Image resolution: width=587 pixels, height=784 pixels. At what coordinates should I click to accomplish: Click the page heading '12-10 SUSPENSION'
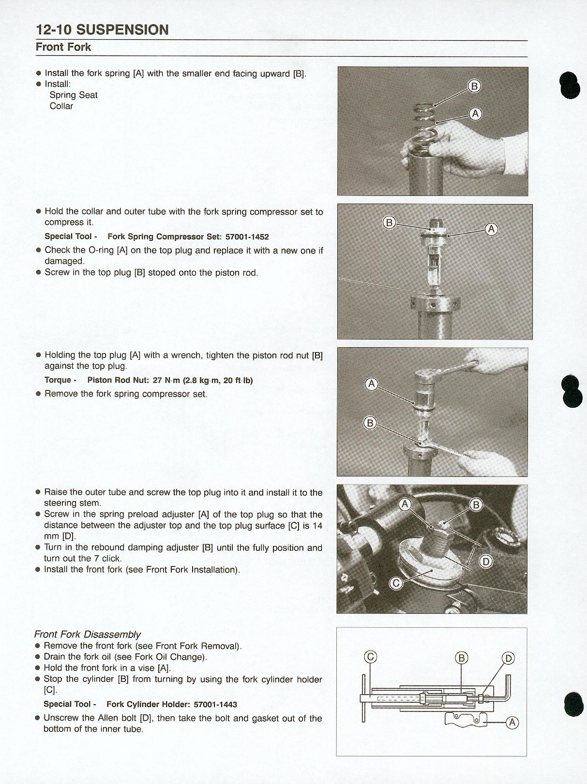[x=102, y=30]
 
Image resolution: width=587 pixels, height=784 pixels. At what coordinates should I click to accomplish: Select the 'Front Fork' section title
[x=63, y=47]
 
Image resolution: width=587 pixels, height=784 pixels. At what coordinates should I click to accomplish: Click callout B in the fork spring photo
[x=474, y=87]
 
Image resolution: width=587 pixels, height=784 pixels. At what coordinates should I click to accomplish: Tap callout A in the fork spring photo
[x=475, y=114]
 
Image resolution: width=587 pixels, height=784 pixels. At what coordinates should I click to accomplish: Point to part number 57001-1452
[x=247, y=237]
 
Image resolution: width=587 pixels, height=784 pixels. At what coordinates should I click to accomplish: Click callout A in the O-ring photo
[x=491, y=229]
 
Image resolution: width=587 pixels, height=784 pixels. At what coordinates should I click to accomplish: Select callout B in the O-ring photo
[x=389, y=222]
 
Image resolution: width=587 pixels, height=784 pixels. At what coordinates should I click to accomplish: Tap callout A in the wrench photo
[x=372, y=384]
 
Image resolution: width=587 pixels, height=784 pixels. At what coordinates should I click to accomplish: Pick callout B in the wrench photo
[x=370, y=423]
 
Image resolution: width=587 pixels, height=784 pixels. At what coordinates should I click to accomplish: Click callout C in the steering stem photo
[x=396, y=583]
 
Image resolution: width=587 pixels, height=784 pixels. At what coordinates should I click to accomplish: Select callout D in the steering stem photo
[x=486, y=562]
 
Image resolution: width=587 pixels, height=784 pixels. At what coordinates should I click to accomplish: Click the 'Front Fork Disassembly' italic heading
[x=88, y=634]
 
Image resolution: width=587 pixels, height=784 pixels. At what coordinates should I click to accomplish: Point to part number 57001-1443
[x=215, y=705]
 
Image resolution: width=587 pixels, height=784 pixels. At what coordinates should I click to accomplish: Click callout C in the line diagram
[x=370, y=657]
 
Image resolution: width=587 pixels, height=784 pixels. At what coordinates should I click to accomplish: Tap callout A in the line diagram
[x=512, y=723]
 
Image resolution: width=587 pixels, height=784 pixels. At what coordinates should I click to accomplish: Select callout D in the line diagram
[x=508, y=658]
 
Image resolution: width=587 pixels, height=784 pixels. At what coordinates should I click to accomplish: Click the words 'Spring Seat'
[x=74, y=95]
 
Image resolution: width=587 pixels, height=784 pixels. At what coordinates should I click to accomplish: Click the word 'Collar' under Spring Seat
[x=61, y=106]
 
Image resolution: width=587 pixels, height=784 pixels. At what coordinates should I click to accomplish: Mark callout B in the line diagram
[x=462, y=658]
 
